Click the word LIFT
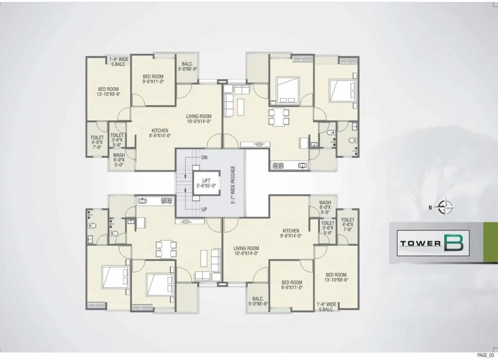coord(206,181)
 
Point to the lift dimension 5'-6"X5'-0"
coord(206,186)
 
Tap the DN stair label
coord(205,158)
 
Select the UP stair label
coord(204,209)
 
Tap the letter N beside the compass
coord(430,207)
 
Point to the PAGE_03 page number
coord(485,355)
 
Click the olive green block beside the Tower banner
coord(490,242)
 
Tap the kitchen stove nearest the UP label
coord(167,201)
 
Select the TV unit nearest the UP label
coord(190,221)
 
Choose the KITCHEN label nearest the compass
coord(291,233)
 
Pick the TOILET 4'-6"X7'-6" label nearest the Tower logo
coord(348,225)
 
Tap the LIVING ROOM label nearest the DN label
coord(198,119)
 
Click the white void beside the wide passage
coord(257,183)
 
